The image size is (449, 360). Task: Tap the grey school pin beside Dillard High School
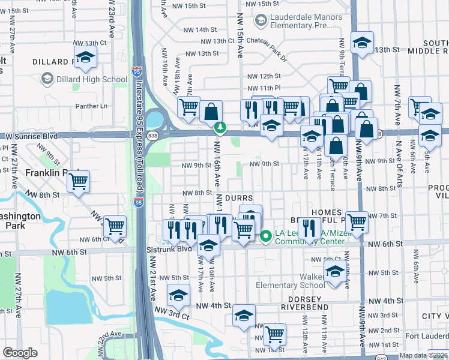point(47,79)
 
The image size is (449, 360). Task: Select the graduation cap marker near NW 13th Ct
point(86,57)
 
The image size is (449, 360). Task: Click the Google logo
point(20,353)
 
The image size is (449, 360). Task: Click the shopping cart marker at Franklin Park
point(78,181)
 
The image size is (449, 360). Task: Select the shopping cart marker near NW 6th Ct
point(114,226)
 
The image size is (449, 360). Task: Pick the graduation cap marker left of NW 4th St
point(178,295)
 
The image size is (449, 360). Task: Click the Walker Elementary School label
point(291,280)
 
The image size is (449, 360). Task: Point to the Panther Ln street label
point(90,106)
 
